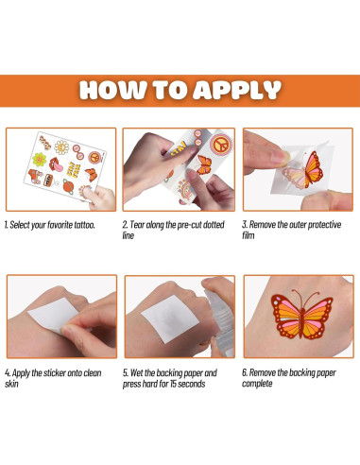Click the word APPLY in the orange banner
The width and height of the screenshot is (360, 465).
point(237,90)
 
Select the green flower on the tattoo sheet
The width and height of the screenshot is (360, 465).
point(39,160)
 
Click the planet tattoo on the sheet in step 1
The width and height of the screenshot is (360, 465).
point(68,186)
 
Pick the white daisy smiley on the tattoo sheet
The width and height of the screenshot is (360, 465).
point(61,146)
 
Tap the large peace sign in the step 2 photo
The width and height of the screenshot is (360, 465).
point(221,145)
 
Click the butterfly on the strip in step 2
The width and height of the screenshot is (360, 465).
point(203,164)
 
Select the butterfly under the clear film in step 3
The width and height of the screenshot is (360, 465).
point(304,170)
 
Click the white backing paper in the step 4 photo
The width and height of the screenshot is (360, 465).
point(52,315)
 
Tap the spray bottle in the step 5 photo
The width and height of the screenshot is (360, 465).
point(220,321)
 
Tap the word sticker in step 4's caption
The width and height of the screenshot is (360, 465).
point(55,373)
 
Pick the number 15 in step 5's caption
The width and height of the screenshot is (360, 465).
point(174,384)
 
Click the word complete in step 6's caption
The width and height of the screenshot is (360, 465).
point(257,384)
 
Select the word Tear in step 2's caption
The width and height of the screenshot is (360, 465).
point(137,225)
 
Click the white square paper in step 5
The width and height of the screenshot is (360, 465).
point(170,319)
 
